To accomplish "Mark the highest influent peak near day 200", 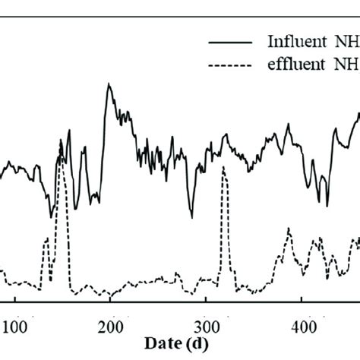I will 109,84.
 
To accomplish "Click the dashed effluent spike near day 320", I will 223,169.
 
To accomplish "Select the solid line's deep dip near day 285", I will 191,217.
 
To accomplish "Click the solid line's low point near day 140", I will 52,216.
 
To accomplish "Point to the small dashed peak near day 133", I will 46,239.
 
